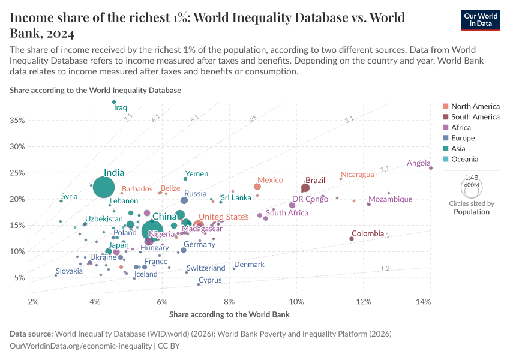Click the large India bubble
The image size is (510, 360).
(104, 187)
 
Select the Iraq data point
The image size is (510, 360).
(114, 102)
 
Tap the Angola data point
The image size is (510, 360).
(431, 168)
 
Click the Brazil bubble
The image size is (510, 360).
(305, 188)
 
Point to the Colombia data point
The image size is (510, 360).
(352, 239)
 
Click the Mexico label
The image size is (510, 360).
(270, 180)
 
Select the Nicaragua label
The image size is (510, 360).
(357, 175)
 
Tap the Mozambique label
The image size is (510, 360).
(390, 199)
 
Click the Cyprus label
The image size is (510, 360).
(210, 280)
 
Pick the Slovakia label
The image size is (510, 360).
(69, 271)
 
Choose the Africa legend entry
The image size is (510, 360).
(461, 127)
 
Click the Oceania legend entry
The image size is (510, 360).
(464, 159)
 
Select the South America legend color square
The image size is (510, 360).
(445, 117)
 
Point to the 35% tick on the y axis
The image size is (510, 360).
(17, 121)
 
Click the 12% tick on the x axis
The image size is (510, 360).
(363, 301)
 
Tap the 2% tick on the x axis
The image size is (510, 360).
(33, 301)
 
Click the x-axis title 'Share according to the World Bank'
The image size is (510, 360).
(229, 314)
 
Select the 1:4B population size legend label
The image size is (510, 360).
(472, 178)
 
